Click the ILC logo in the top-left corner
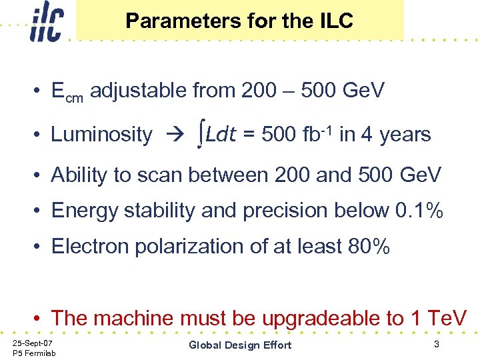(x=46, y=22)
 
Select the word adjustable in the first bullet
(x=138, y=90)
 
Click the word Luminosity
(x=101, y=135)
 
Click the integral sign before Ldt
(x=201, y=135)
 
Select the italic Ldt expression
(x=221, y=135)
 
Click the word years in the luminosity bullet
(x=405, y=135)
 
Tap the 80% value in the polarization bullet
(x=369, y=247)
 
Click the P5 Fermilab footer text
(x=34, y=353)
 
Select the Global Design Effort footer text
(x=240, y=345)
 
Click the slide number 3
(x=436, y=344)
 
